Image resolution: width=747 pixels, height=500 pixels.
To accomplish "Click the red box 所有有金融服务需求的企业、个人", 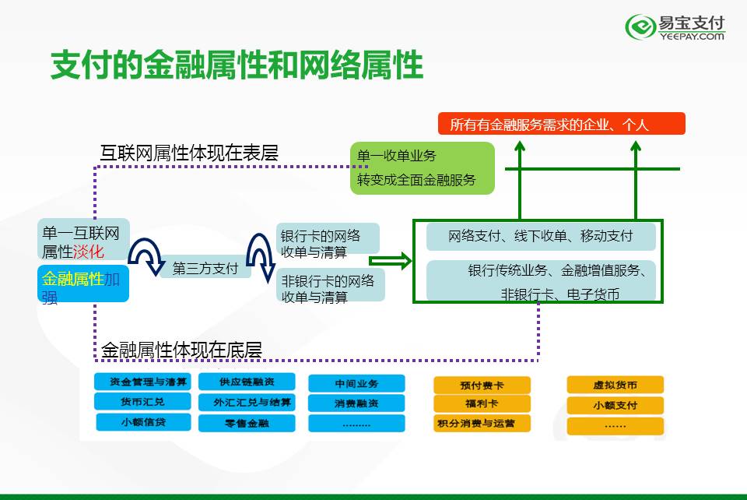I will [x=561, y=124].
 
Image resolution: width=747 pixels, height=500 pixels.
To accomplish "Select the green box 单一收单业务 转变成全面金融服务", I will [x=422, y=168].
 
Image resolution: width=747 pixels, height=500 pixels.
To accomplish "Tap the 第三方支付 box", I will [x=205, y=269].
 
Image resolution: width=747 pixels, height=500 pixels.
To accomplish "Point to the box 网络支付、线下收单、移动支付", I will [x=541, y=237].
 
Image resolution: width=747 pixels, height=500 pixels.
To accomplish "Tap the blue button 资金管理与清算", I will [x=142, y=382].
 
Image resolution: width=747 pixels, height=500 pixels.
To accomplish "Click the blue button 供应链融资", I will [x=246, y=382].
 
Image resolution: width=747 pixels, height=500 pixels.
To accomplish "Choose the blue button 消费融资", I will [x=356, y=403].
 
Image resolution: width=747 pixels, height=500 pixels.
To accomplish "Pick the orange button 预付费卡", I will [x=482, y=385].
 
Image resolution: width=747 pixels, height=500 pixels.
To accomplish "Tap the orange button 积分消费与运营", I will [x=482, y=424].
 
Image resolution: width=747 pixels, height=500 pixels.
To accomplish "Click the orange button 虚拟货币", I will [x=615, y=385].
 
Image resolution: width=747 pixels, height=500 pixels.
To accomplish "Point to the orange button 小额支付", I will [x=615, y=405].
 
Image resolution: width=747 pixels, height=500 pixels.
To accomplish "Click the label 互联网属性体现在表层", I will [x=189, y=153].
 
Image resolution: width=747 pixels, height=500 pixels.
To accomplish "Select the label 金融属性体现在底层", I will [x=181, y=350].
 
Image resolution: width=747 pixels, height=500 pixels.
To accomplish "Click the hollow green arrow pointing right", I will [x=390, y=262].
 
